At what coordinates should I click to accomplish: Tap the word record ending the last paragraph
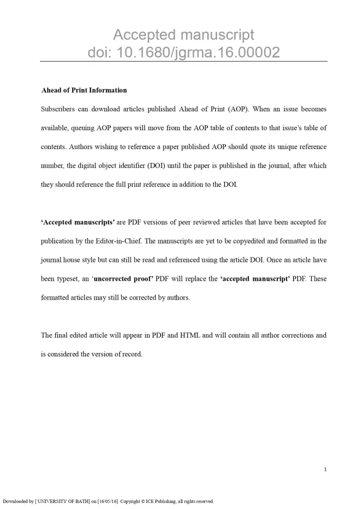point(133,354)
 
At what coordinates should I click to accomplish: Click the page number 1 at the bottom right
point(325,469)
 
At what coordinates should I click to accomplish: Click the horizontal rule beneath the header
point(183,61)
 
